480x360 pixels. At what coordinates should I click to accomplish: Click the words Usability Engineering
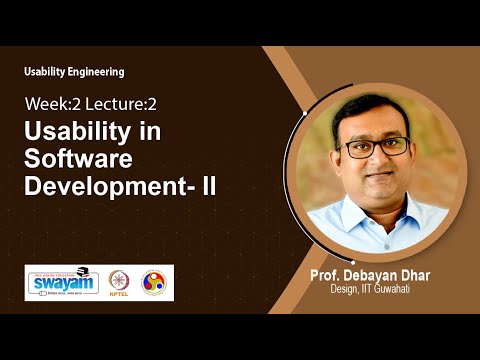pos(75,71)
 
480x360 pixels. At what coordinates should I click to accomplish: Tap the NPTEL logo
pos(119,282)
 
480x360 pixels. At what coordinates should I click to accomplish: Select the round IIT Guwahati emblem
pos(154,282)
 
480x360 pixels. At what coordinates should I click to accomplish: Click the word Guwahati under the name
pos(411,291)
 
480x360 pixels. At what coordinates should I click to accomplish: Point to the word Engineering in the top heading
pos(99,71)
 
